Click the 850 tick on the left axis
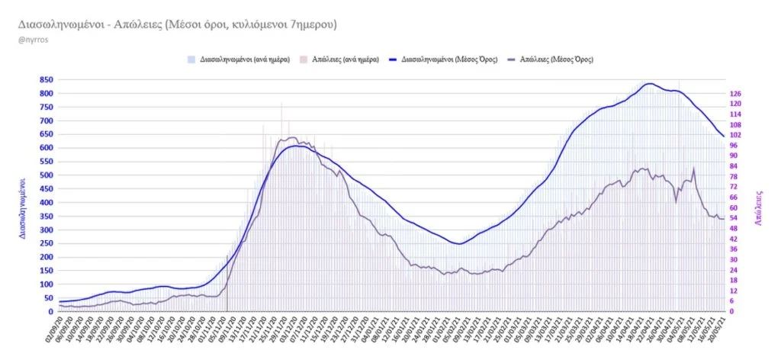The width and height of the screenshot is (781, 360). [x=46, y=79]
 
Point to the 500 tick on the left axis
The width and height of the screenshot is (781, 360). [x=46, y=175]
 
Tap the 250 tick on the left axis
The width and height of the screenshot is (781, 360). [x=46, y=243]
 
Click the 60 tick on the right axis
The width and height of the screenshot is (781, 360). [x=736, y=207]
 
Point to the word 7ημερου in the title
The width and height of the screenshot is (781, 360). [x=313, y=24]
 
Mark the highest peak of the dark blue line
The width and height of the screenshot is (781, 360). [x=649, y=83]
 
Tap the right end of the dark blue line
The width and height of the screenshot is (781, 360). [x=723, y=137]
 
